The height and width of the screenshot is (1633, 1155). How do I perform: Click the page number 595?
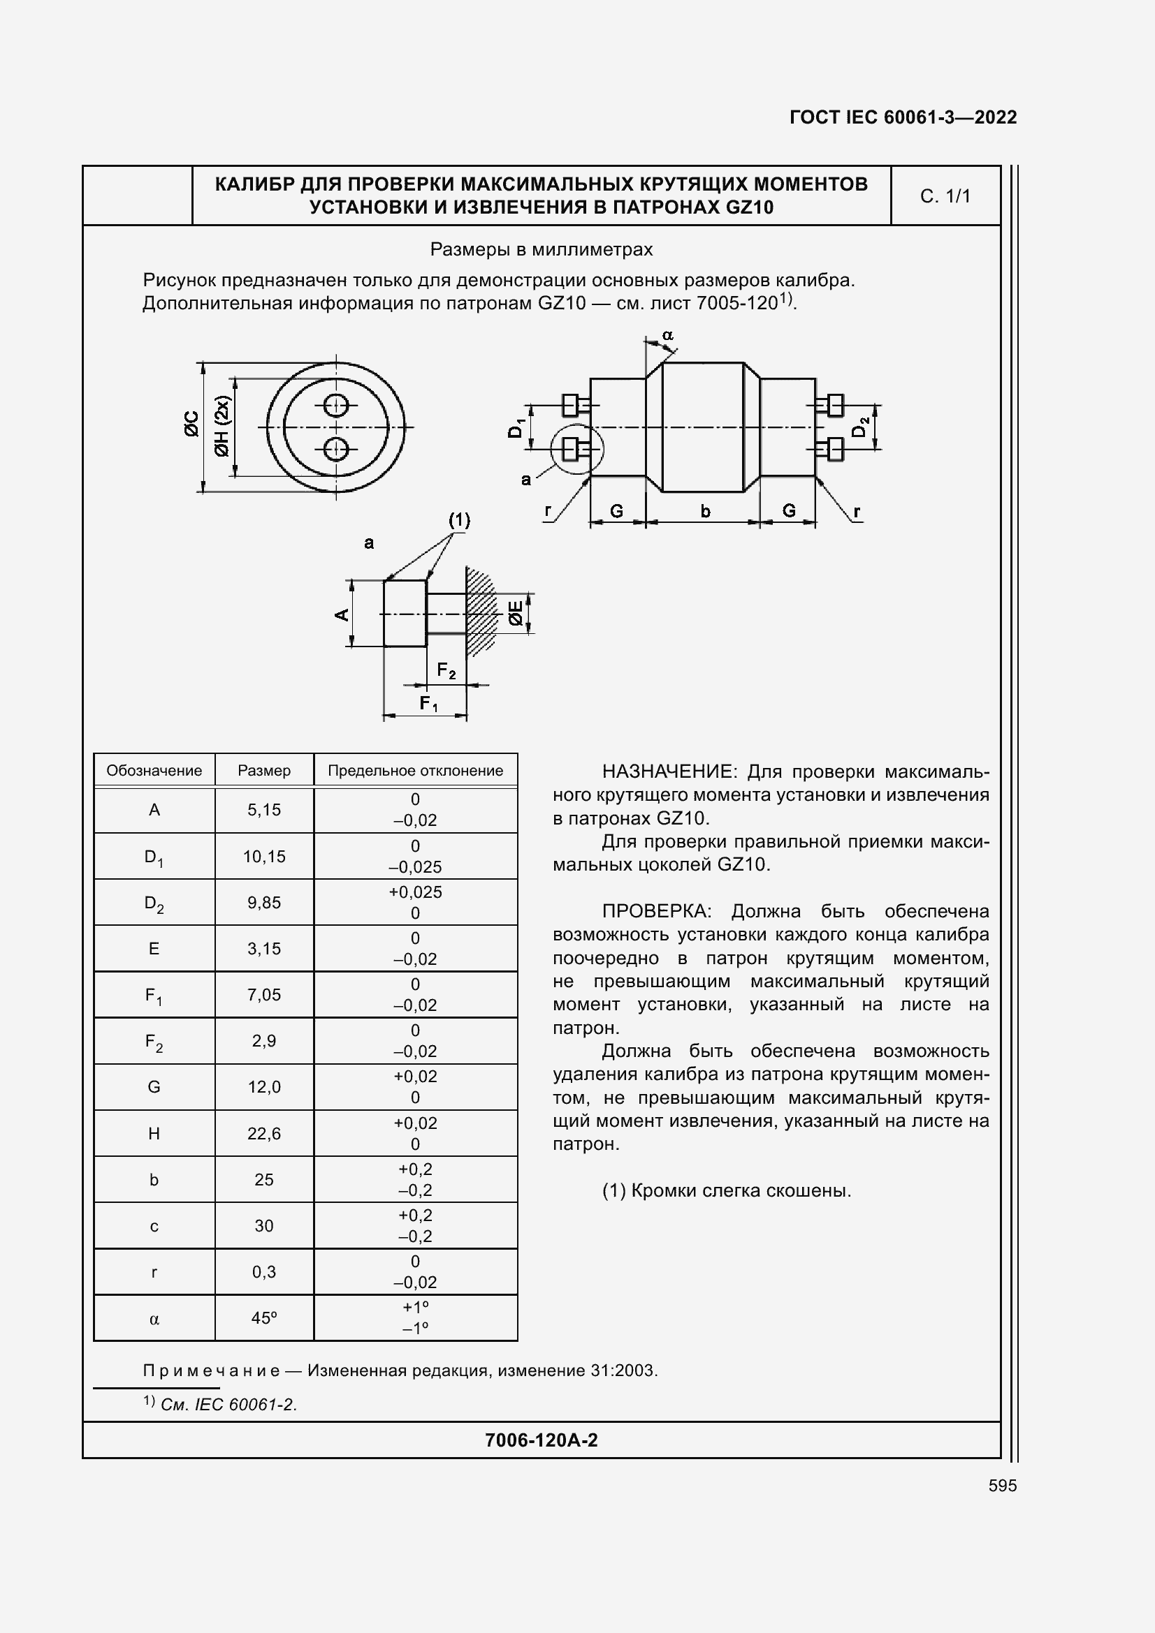pos(1002,1486)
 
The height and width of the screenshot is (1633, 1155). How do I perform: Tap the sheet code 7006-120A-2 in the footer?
pos(541,1440)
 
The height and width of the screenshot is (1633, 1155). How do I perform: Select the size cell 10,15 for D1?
pos(264,857)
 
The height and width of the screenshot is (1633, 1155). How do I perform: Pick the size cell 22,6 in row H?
pos(264,1134)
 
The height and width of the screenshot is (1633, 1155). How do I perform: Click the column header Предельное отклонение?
pos(415,770)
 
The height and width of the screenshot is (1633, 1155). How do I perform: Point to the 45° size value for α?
pos(264,1318)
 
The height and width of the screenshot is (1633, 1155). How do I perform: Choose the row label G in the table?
pos(154,1087)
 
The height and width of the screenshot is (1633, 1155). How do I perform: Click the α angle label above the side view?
pos(667,334)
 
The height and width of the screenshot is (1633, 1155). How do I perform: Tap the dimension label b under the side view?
pos(704,510)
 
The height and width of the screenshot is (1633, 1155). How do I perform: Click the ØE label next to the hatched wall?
pos(516,613)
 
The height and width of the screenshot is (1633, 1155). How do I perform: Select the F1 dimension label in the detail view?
pos(428,704)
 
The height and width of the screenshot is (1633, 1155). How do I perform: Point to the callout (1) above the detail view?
pos(459,520)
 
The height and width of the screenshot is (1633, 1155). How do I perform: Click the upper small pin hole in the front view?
pos(336,406)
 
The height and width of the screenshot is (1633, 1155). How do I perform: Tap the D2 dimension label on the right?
pos(860,426)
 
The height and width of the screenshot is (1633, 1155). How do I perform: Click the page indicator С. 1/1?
pos(945,196)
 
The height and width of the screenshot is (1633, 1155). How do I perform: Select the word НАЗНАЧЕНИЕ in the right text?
pos(666,771)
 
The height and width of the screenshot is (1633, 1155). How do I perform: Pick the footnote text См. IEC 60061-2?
pos(228,1405)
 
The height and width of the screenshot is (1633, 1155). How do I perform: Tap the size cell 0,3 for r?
pos(264,1271)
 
